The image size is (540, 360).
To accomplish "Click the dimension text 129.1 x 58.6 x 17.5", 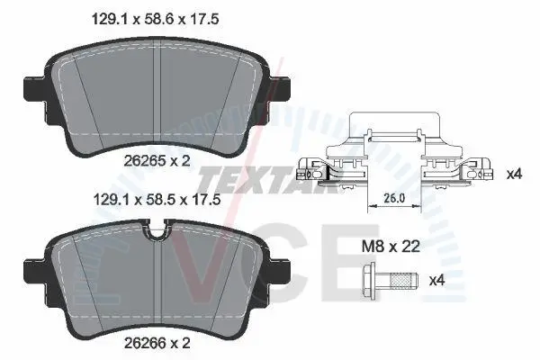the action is click(x=155, y=19).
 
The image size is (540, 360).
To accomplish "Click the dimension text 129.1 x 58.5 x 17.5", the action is click(x=157, y=200).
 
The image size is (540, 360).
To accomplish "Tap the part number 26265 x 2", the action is click(x=157, y=161).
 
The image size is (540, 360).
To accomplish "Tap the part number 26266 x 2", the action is click(x=157, y=343).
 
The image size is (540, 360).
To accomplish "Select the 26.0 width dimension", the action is click(x=394, y=198).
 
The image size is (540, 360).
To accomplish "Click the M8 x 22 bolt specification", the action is click(x=391, y=247).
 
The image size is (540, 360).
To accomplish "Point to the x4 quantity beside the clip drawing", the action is click(x=514, y=175).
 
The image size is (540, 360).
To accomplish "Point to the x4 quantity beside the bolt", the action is click(x=437, y=281).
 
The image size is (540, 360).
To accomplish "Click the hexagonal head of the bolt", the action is click(x=369, y=282).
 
